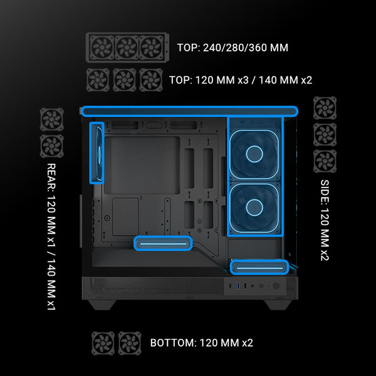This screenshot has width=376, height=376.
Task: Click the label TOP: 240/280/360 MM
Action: [232, 48]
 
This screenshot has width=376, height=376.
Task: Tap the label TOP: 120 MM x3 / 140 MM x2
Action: [241, 80]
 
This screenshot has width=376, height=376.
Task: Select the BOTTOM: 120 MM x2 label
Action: [201, 343]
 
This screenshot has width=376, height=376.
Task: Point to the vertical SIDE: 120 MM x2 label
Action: [325, 220]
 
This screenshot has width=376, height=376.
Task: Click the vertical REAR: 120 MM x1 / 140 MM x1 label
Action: [51, 237]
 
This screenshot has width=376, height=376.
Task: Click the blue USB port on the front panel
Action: [238, 286]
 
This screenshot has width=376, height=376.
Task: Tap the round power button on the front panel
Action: [276, 286]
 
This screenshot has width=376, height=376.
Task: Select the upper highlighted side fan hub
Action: [254, 154]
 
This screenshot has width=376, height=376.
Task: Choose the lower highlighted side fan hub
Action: [254, 207]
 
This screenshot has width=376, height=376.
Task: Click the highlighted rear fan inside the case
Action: [97, 153]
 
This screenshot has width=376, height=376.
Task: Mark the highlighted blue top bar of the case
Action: [189, 112]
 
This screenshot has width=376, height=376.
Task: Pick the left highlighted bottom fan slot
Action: [163, 243]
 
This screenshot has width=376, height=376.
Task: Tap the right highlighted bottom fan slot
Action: [259, 268]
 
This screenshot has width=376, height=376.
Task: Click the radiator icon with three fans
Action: [127, 47]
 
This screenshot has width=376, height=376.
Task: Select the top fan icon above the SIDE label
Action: [325, 108]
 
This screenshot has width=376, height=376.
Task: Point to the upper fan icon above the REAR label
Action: [52, 120]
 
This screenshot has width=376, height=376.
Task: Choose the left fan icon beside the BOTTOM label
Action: [103, 343]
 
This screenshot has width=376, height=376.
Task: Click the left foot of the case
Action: [102, 305]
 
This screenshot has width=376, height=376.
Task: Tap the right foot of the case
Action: [278, 305]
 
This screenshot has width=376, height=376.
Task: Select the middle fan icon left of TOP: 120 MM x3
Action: [125, 80]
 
